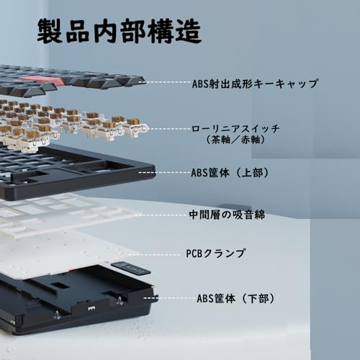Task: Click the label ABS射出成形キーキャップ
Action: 256,84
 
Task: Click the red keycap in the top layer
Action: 38,78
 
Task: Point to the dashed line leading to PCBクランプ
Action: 162,253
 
